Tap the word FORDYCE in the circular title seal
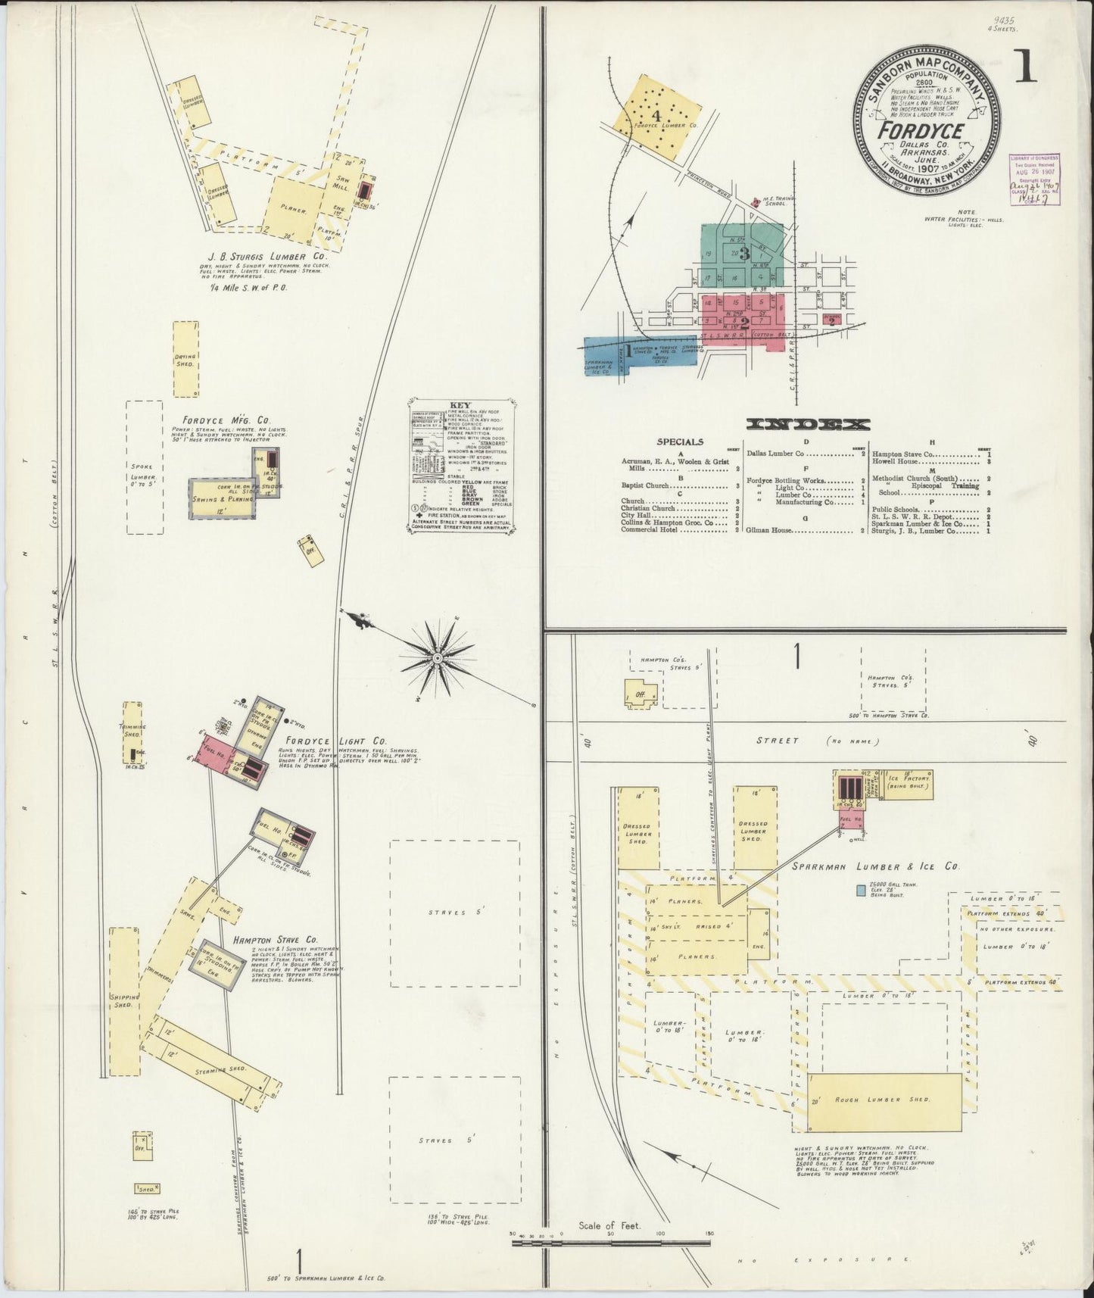point(920,129)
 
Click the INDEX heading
point(807,424)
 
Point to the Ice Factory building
point(909,784)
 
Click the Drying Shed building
point(185,359)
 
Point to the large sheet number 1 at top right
point(1027,68)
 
